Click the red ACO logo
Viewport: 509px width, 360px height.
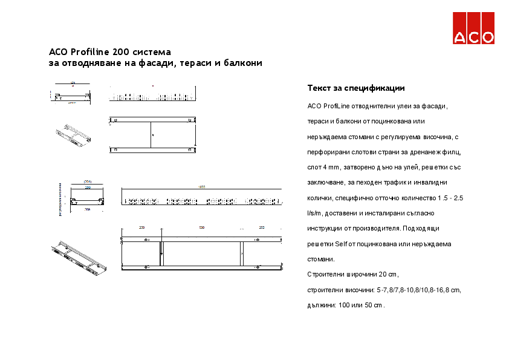pyautogui.click(x=473, y=28)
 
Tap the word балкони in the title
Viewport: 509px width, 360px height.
pyautogui.click(x=243, y=63)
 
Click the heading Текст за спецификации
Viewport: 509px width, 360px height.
pyautogui.click(x=355, y=88)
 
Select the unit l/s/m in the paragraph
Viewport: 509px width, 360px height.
pyautogui.click(x=314, y=214)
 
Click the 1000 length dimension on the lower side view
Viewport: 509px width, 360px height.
pyautogui.click(x=202, y=187)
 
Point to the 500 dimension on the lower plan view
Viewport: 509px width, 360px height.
pyautogui.click(x=202, y=228)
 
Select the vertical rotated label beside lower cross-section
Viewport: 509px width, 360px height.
pyautogui.click(x=60, y=198)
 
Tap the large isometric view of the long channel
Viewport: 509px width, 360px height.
pyautogui.click(x=79, y=257)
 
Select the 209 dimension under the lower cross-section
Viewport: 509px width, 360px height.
pyautogui.click(x=87, y=210)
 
